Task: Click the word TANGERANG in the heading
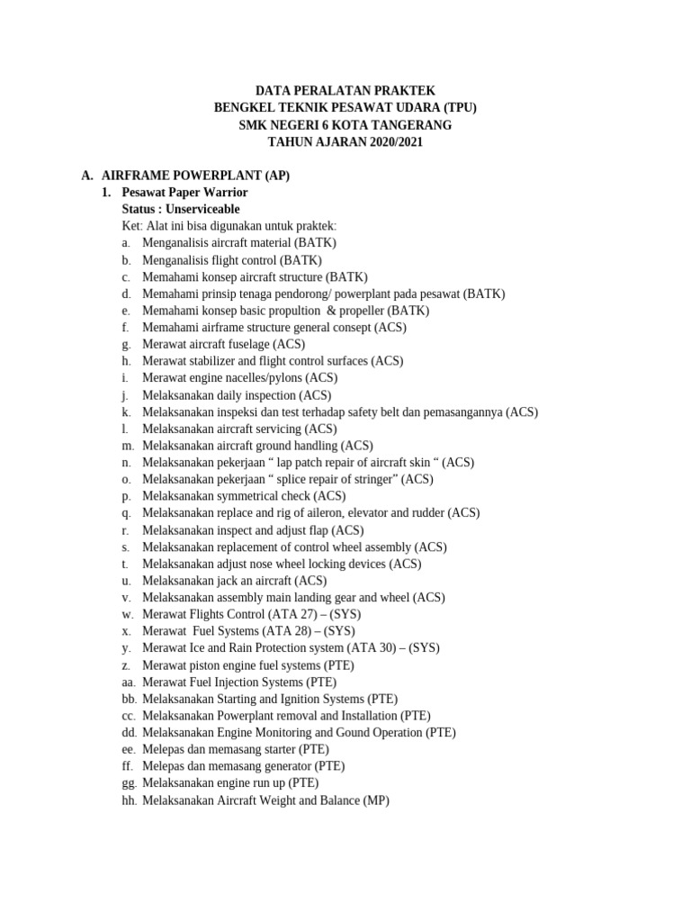click(x=408, y=125)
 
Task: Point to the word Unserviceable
click(x=203, y=209)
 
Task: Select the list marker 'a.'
click(x=127, y=243)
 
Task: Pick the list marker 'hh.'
click(x=129, y=800)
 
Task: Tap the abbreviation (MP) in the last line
click(x=376, y=800)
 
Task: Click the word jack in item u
click(x=226, y=581)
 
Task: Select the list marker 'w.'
click(x=128, y=614)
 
